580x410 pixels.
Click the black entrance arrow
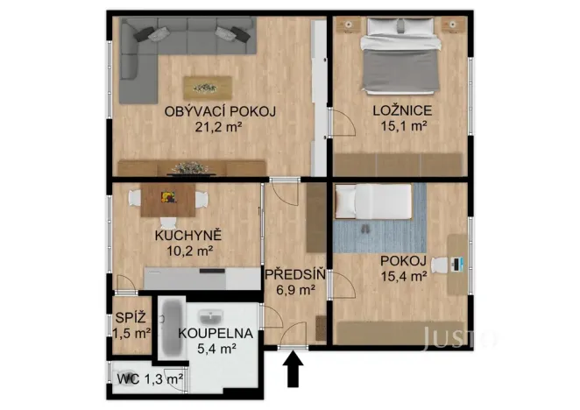click(294, 371)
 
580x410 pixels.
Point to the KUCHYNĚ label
click(188, 236)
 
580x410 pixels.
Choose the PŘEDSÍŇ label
click(295, 273)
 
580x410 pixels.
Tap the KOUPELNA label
click(216, 334)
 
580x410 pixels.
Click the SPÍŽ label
click(124, 318)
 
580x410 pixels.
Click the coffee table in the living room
click(208, 87)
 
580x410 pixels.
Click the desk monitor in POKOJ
click(458, 262)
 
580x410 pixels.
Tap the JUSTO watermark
click(459, 336)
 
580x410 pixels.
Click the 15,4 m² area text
click(403, 276)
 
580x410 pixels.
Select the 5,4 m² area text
click(215, 349)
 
